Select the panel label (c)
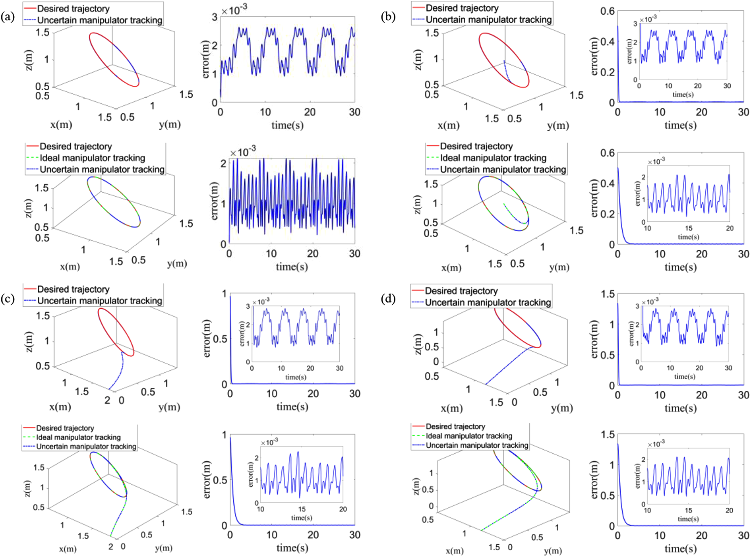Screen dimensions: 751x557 [x=8, y=298]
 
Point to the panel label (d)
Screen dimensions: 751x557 [x=388, y=298]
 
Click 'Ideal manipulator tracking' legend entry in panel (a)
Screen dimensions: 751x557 [x=93, y=158]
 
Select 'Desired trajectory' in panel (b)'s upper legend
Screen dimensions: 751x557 [x=462, y=8]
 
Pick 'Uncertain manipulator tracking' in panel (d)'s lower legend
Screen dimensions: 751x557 [x=477, y=445]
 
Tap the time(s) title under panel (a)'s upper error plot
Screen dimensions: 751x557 [x=287, y=125]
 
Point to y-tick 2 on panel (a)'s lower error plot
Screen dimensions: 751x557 [x=223, y=163]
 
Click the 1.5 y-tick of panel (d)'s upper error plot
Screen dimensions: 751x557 [x=608, y=294]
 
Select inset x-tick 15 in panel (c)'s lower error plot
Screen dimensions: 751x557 [x=302, y=509]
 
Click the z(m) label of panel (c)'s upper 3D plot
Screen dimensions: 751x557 [x=29, y=340]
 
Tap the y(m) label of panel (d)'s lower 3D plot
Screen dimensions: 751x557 [x=553, y=551]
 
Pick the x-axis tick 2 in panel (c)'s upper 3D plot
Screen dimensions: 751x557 [x=107, y=400]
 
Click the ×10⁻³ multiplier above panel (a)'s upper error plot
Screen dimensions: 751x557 [x=234, y=9]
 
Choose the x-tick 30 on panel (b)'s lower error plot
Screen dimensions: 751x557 [x=743, y=254]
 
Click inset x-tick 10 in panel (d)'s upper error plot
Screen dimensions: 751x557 [x=670, y=368]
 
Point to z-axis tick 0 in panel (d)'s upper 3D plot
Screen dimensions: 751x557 [x=436, y=362]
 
